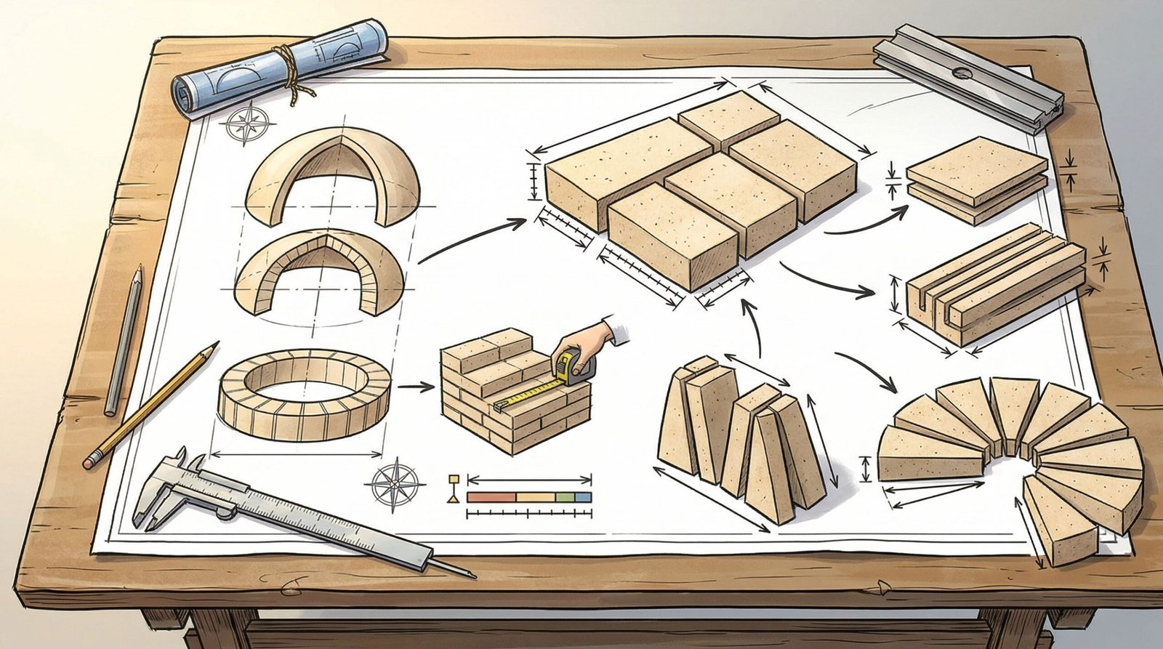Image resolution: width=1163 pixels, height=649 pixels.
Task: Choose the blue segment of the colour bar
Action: click(x=584, y=498)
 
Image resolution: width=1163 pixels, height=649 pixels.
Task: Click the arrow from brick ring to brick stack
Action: click(x=414, y=387)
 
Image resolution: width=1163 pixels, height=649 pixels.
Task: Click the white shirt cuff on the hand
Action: click(x=619, y=334)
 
